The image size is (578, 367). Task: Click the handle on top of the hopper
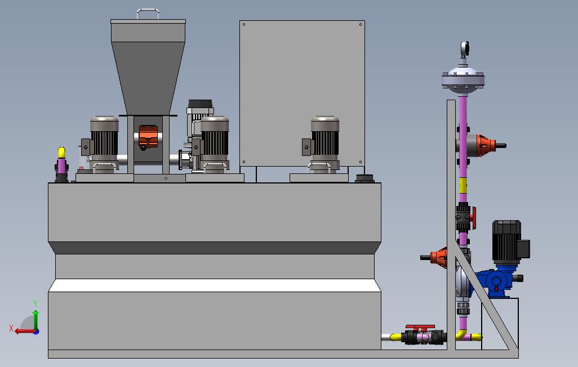pyautogui.click(x=148, y=10)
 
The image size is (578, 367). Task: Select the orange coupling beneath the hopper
pyautogui.click(x=148, y=136)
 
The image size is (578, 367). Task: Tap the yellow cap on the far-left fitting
pyautogui.click(x=61, y=152)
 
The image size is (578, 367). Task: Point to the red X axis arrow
pyautogui.click(x=25, y=332)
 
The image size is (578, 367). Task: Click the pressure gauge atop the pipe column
pyautogui.click(x=464, y=48)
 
